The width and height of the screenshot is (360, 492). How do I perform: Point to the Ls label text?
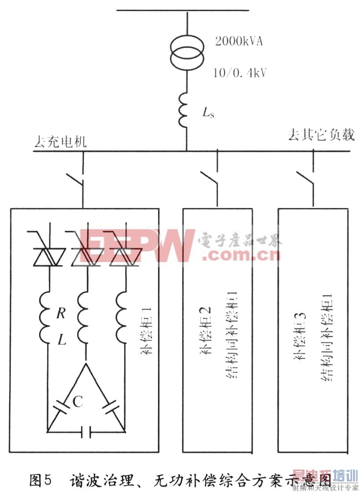[209, 113]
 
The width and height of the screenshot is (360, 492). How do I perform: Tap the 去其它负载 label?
[321, 135]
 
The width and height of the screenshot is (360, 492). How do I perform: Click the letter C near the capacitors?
[77, 401]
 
